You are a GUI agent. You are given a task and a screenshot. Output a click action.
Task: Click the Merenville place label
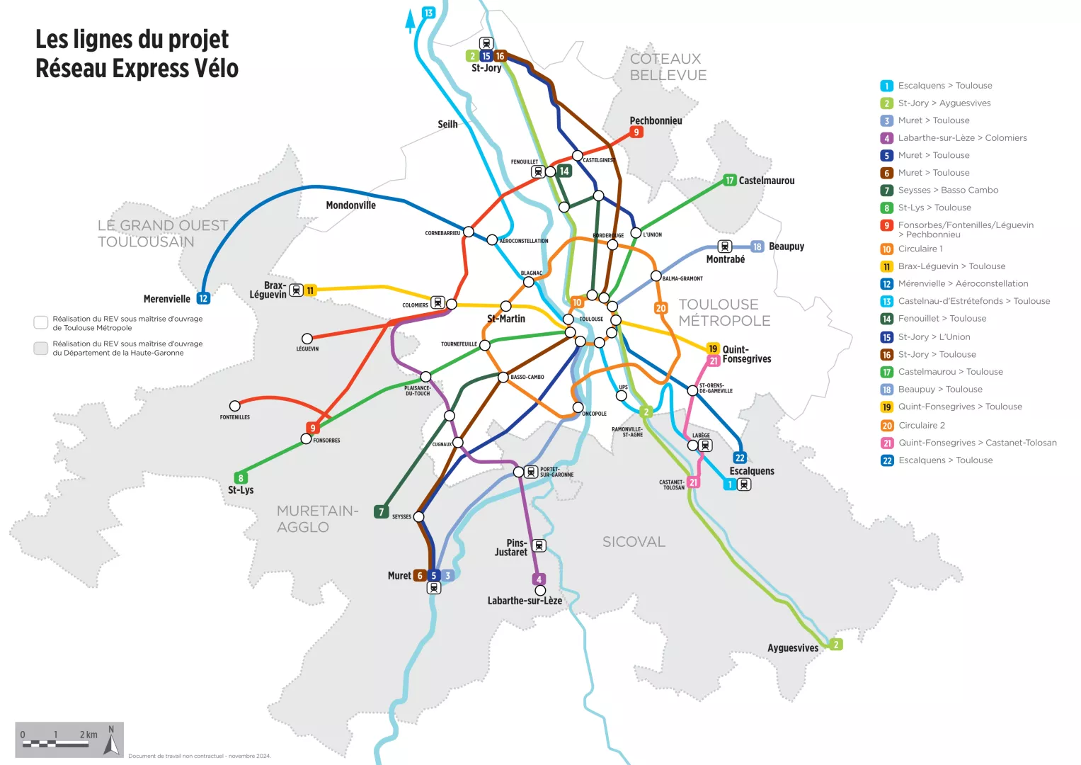click(x=166, y=299)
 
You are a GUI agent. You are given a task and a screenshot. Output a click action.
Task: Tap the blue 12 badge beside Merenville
click(x=203, y=299)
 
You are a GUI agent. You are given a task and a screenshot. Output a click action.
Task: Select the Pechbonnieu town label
click(x=656, y=120)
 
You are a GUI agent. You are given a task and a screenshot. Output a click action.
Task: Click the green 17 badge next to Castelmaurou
click(x=730, y=181)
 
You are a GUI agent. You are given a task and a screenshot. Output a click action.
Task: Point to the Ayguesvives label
click(x=792, y=647)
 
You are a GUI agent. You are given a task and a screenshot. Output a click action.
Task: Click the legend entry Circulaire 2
click(x=921, y=425)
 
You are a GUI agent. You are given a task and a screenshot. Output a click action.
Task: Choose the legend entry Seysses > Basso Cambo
click(x=948, y=190)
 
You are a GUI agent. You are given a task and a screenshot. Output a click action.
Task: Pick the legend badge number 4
click(x=886, y=138)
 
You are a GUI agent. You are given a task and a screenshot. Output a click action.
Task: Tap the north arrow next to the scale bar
click(x=111, y=740)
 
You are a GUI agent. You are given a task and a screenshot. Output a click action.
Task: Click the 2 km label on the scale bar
click(x=88, y=735)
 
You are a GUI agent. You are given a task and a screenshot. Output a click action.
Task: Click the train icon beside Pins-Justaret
click(x=539, y=545)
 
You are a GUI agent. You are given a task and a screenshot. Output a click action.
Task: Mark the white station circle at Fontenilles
click(x=235, y=406)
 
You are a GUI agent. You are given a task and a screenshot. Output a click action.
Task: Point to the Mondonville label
click(x=350, y=205)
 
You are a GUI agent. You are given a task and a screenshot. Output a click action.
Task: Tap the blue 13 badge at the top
click(x=428, y=13)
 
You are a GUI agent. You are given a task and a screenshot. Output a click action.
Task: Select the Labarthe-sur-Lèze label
click(x=525, y=601)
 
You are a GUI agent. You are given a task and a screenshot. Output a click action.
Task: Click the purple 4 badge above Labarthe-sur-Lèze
click(x=539, y=579)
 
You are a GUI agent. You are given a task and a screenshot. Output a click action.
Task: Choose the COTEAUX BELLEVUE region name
click(x=668, y=67)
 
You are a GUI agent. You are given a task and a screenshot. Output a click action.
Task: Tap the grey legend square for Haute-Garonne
click(x=41, y=348)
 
